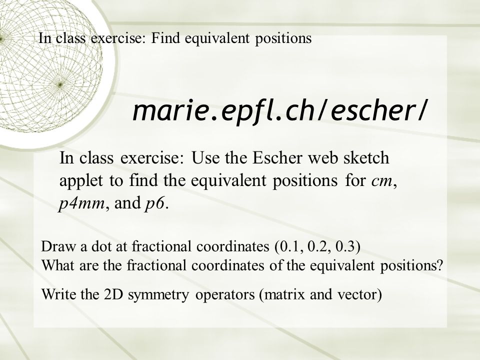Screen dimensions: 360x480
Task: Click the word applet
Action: point(78,182)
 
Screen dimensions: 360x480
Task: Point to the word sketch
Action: point(364,159)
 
